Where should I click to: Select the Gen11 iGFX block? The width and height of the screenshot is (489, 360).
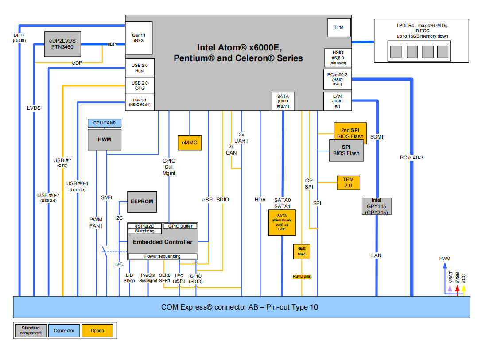click(x=139, y=38)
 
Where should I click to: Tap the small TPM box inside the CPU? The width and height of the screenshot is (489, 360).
click(x=339, y=27)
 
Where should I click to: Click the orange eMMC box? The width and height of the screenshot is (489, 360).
click(x=189, y=143)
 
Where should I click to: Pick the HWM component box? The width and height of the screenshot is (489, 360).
click(x=105, y=140)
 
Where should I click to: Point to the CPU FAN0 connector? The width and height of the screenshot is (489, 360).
click(x=105, y=123)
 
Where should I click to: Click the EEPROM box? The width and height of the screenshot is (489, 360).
click(x=142, y=201)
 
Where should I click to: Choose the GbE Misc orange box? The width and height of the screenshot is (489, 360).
click(x=302, y=252)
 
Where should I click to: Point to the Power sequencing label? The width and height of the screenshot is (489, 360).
click(x=163, y=256)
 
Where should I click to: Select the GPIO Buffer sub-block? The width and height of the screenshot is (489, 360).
click(x=180, y=226)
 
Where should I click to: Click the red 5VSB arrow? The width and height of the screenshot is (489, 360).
click(x=457, y=288)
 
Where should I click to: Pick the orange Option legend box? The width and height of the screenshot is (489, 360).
click(x=97, y=330)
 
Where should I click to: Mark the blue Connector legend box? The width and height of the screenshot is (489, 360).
click(x=64, y=330)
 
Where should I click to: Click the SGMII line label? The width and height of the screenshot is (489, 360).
click(x=377, y=137)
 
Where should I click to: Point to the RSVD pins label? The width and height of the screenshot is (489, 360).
click(x=302, y=276)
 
